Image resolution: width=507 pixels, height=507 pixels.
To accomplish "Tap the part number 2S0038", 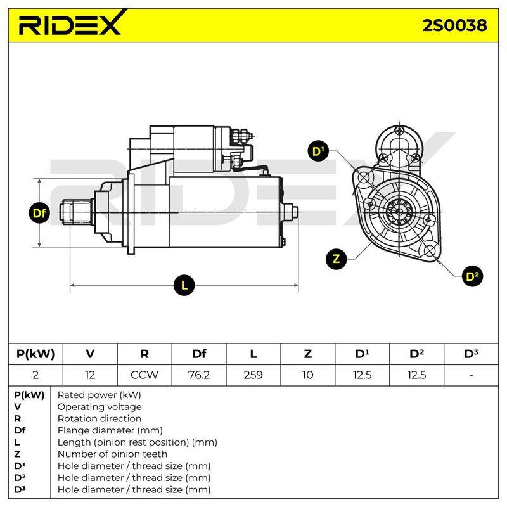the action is pos(454,25).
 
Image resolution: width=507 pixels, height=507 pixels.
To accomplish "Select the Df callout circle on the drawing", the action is pos(39,213).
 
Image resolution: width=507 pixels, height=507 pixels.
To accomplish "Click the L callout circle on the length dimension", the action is pos(184,285).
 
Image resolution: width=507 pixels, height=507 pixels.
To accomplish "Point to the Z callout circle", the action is pos(337,259).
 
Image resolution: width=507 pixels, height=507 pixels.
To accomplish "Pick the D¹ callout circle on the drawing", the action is pos(318,151).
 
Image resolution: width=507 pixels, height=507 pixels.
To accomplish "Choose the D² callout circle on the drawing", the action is pos(472,276).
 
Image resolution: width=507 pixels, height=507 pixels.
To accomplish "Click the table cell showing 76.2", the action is pos(199,375).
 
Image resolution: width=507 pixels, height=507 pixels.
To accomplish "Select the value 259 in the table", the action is pos(253,375).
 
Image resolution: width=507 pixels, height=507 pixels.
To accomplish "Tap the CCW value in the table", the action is pos(144,375).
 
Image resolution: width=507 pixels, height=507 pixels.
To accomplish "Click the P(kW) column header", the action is pos(35,354).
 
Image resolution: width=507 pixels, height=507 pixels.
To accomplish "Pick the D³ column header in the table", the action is pos(471,354).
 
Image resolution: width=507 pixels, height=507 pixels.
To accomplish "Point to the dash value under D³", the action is pos(471,375).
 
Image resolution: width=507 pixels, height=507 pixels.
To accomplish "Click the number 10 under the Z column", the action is pos(307,375).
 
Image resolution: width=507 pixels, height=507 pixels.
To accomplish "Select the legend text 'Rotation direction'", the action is pos(99,418).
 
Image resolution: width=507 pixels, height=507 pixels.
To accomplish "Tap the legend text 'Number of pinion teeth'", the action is pos(112,454).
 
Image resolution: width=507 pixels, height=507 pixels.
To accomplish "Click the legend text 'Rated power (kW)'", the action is pos(99,395).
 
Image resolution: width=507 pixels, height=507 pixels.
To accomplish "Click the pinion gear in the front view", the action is pos(399,212).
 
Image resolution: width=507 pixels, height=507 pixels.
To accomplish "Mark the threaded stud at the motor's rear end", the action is pos(295,212).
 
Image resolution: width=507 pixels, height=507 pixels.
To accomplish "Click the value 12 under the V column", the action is pos(90,375).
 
